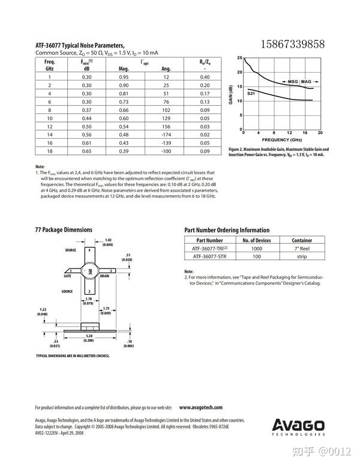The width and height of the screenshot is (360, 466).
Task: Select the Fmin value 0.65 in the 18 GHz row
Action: click(86, 151)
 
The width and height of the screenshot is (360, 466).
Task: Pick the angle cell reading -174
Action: click(166, 135)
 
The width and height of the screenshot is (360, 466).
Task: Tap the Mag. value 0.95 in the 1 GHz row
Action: click(124, 77)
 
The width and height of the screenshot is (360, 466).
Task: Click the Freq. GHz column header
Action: click(50, 65)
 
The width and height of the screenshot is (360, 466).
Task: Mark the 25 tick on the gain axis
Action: click(239, 58)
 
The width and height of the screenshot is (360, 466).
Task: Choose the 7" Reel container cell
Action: click(302, 248)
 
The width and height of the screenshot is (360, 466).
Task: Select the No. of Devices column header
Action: click(256, 240)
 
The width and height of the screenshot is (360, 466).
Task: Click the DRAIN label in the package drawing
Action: click(104, 276)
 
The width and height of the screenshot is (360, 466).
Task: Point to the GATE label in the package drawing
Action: click(68, 276)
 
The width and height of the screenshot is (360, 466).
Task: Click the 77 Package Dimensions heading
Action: click(64, 230)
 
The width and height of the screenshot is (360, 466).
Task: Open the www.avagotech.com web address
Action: click(201, 407)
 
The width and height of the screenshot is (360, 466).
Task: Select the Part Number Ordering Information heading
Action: click(227, 230)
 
